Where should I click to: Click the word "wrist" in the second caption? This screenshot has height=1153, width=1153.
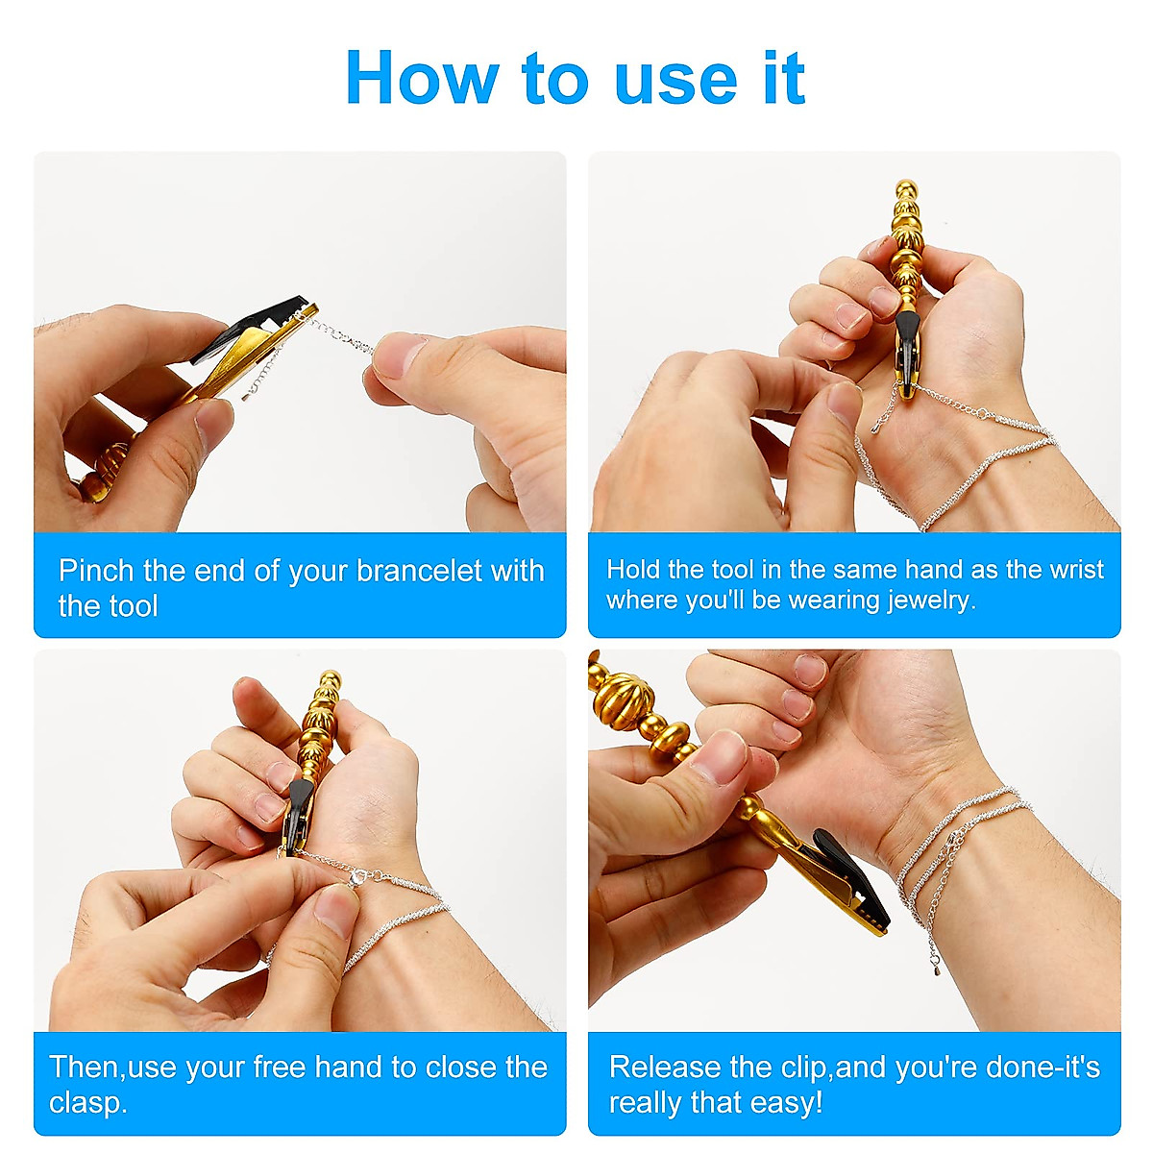1076,569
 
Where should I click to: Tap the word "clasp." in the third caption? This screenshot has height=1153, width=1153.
87,1102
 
